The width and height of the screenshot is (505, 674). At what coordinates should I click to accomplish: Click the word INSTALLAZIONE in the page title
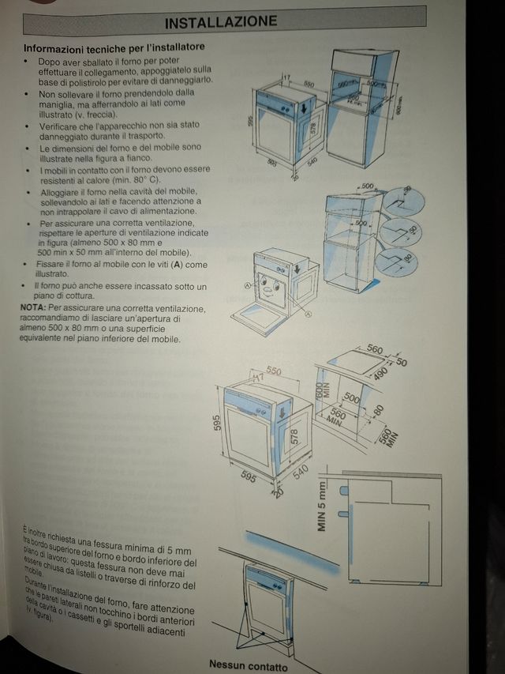232,21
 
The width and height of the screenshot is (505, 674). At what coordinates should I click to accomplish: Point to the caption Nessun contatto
248,666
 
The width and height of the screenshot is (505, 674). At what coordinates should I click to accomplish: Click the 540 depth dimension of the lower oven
299,473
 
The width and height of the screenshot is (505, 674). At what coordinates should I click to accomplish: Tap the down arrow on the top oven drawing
313,104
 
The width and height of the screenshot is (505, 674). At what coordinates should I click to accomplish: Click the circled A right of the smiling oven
307,314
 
